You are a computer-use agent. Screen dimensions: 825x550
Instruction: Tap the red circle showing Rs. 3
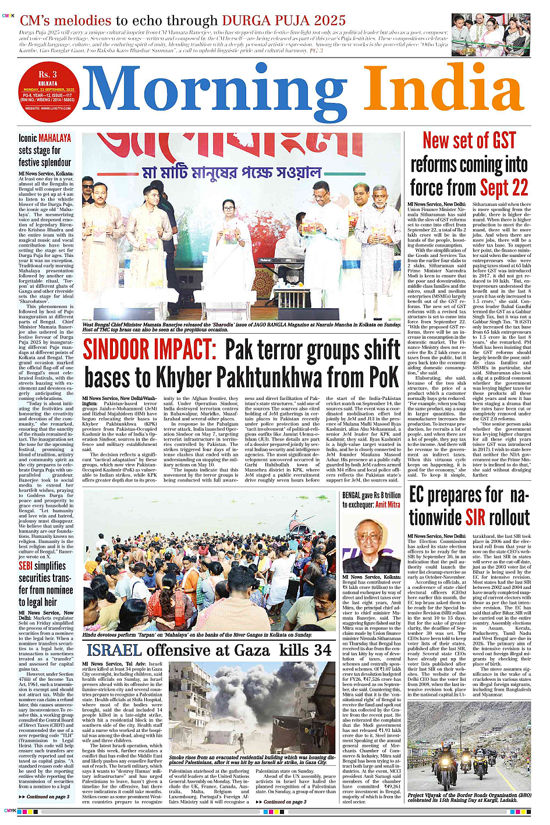(48, 90)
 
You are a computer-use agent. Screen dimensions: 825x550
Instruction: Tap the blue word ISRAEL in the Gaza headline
(114, 650)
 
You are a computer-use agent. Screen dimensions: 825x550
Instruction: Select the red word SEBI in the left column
(26, 566)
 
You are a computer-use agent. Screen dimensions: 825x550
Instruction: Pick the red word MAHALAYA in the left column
(55, 138)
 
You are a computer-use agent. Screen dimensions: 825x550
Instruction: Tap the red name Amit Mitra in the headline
(388, 505)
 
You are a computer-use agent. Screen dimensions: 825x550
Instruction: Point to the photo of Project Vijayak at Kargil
(469, 759)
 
